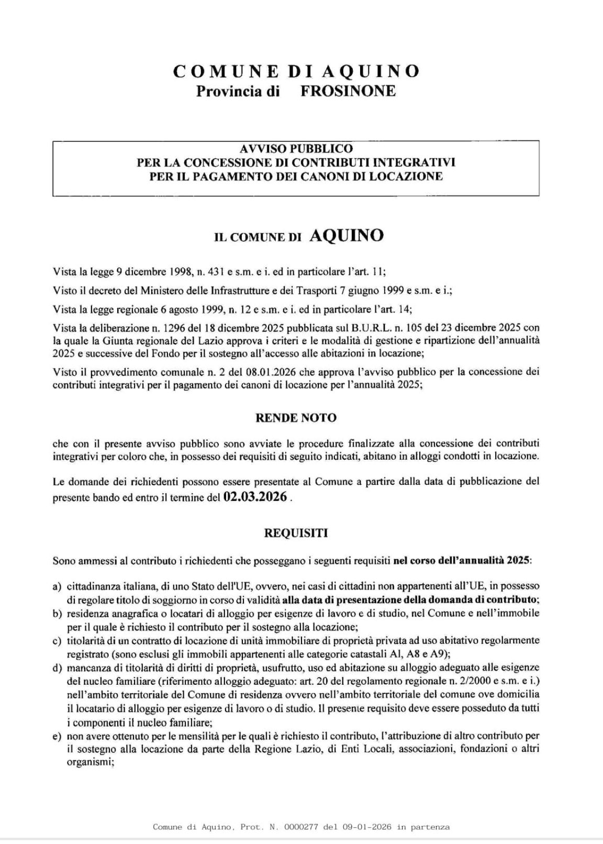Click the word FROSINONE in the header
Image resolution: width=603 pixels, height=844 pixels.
348,91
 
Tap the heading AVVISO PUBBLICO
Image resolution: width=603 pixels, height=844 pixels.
296,149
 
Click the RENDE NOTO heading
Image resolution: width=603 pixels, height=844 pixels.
296,418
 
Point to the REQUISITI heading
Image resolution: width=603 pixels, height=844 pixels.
296,534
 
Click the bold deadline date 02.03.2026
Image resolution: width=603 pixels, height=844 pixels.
255,497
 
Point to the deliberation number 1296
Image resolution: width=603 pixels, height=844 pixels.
139,327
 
